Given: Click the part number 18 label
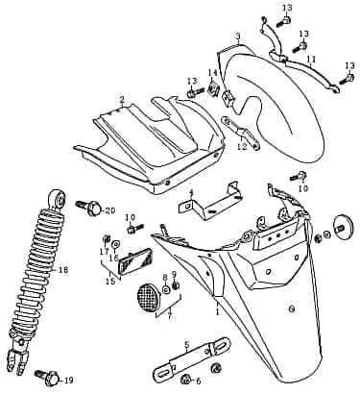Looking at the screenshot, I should [x=63, y=271].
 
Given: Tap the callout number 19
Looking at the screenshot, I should [x=68, y=381].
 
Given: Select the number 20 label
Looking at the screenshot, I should [x=109, y=210].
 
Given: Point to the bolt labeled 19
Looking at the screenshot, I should [x=43, y=374].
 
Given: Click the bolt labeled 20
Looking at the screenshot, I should [x=90, y=207].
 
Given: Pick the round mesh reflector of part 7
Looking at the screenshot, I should [x=147, y=295].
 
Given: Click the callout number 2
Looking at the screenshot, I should [x=122, y=100].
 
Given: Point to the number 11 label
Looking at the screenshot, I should [x=310, y=60].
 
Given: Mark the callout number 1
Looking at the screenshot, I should [x=217, y=312].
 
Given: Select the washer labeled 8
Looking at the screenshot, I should [x=164, y=288].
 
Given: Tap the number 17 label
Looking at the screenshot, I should [x=105, y=252].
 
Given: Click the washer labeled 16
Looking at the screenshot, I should [x=114, y=244].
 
